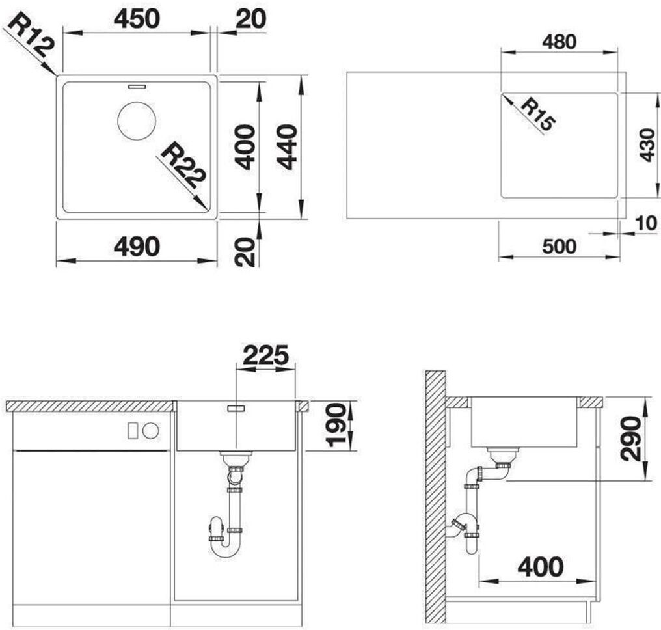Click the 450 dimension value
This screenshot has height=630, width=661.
pyautogui.click(x=137, y=19)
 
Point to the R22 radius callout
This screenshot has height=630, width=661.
pyautogui.click(x=183, y=166)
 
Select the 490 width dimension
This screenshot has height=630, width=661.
pyautogui.click(x=137, y=246)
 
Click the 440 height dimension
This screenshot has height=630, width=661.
pyautogui.click(x=288, y=146)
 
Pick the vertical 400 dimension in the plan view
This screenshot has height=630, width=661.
pyautogui.click(x=245, y=146)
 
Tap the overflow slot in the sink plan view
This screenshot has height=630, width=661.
pyautogui.click(x=137, y=87)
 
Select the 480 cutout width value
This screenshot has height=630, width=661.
pyautogui.click(x=559, y=42)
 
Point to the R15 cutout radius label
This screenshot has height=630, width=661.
pyautogui.click(x=538, y=115)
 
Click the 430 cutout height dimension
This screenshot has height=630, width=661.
pyautogui.click(x=647, y=146)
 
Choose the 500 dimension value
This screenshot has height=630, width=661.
pyautogui.click(x=559, y=247)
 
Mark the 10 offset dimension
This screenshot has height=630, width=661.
pyautogui.click(x=646, y=223)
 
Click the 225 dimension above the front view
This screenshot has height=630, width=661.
pyautogui.click(x=265, y=355)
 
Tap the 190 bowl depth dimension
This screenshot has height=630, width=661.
pyautogui.click(x=336, y=425)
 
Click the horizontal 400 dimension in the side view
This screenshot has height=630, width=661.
pyautogui.click(x=541, y=567)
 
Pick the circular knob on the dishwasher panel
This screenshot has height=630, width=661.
pyautogui.click(x=150, y=431)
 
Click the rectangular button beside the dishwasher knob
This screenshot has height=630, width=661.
pyautogui.click(x=133, y=431)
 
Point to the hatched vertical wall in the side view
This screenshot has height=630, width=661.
pyautogui.click(x=435, y=498)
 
